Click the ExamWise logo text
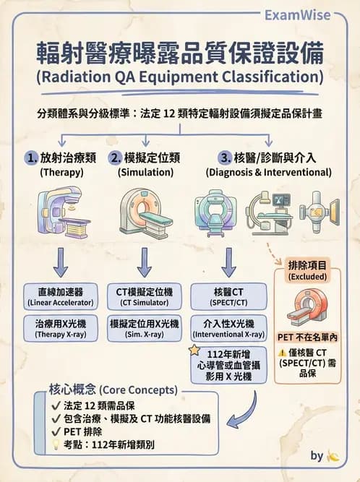297,15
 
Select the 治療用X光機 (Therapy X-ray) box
56,329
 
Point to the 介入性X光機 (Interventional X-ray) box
229,329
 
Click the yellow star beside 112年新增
194,350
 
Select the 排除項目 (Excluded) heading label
308,270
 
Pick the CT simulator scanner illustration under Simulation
145,211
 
